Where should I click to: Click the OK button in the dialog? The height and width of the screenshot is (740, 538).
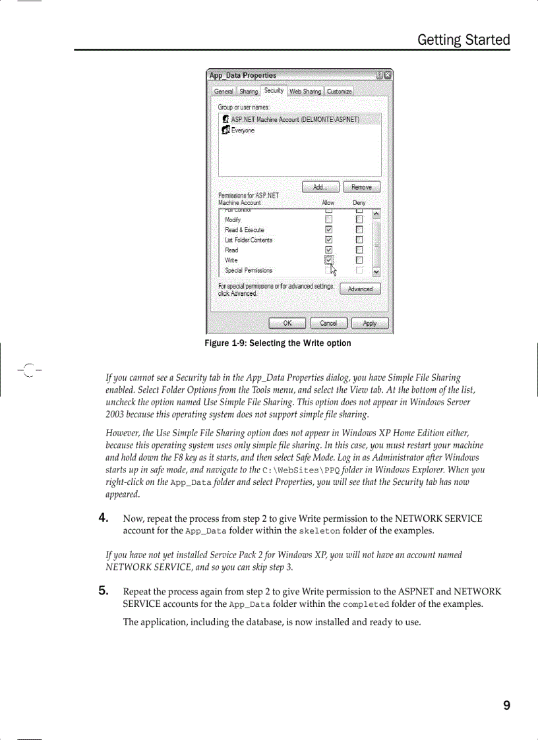click(x=287, y=323)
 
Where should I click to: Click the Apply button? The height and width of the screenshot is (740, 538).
click(x=369, y=323)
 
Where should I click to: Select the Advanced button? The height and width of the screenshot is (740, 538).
click(x=360, y=289)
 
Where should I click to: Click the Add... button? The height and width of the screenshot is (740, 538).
click(x=320, y=187)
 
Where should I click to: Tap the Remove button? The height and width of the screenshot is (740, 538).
click(x=361, y=187)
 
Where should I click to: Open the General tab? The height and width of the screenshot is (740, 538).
click(x=224, y=92)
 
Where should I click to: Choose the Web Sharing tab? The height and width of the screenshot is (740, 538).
click(x=305, y=92)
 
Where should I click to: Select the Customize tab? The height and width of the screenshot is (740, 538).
click(x=340, y=92)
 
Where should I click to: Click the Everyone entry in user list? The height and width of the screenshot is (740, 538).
click(x=242, y=130)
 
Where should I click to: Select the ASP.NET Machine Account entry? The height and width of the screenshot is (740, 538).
click(x=295, y=119)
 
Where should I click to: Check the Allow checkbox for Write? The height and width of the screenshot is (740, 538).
click(x=328, y=260)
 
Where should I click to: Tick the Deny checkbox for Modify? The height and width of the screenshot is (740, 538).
click(x=359, y=219)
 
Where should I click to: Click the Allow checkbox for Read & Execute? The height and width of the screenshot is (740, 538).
click(x=328, y=230)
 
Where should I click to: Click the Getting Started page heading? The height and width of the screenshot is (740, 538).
click(x=463, y=40)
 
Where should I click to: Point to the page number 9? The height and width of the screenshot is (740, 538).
click(x=506, y=706)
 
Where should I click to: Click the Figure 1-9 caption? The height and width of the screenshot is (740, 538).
click(x=278, y=343)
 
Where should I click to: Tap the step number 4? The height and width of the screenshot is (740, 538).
click(x=104, y=518)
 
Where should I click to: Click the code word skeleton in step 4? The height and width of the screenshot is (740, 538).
click(x=320, y=531)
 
